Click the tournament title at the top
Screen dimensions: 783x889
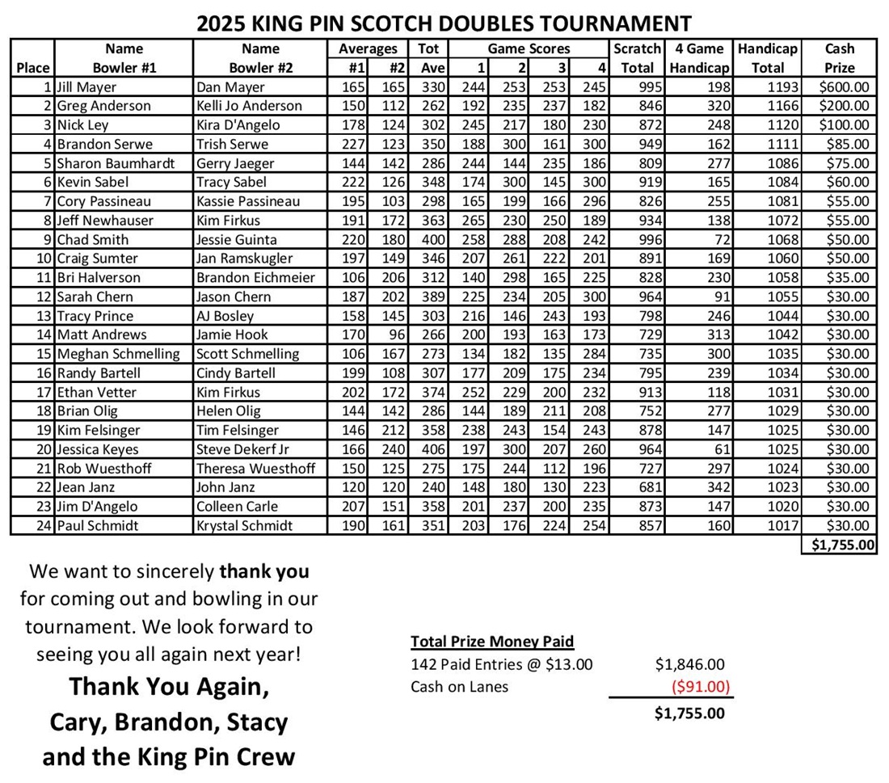(x=444, y=23)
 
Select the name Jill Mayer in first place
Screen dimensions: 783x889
(x=86, y=86)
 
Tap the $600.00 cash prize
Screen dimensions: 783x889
(x=844, y=86)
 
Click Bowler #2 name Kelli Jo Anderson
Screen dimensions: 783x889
(x=249, y=106)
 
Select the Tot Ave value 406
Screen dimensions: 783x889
(x=432, y=449)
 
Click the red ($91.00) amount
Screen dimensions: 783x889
(x=701, y=687)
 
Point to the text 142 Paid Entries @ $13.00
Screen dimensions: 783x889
(x=501, y=665)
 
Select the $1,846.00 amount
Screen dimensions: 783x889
(x=689, y=665)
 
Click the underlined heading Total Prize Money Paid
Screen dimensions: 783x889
(x=491, y=642)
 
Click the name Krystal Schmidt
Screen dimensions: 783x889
(x=243, y=526)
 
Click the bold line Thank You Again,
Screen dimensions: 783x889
(x=169, y=686)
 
